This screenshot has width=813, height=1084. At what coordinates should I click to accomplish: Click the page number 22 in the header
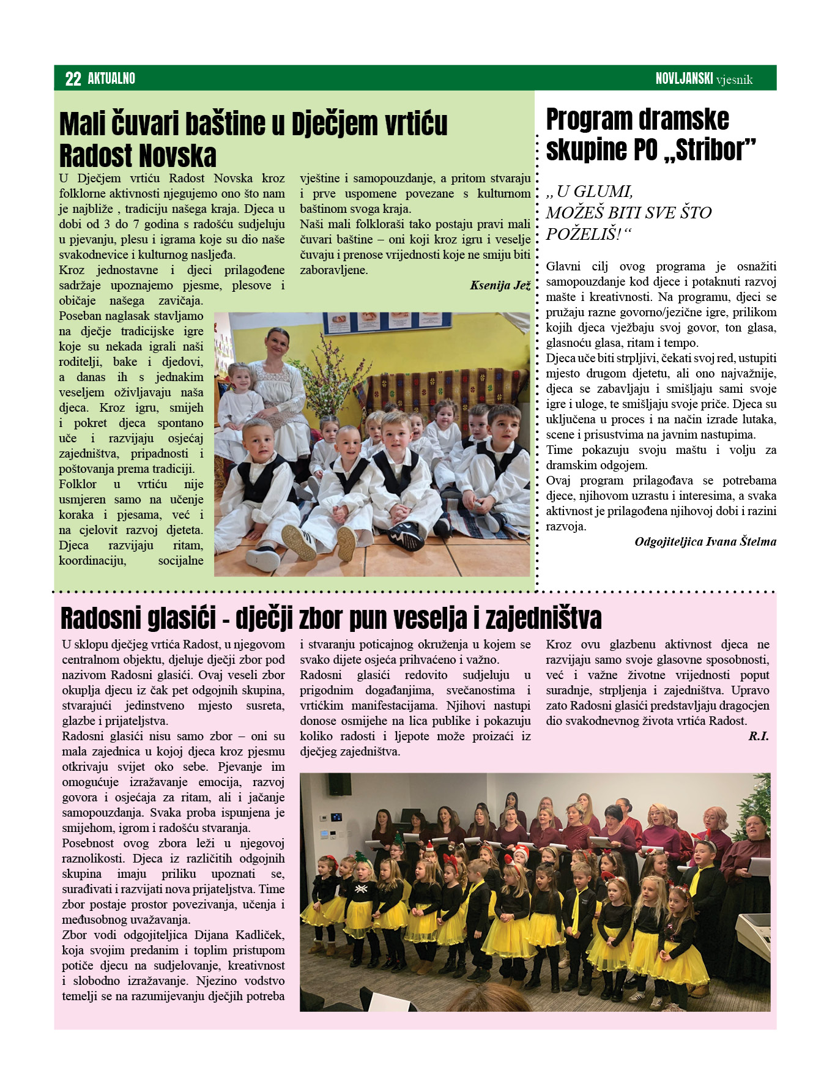tap(73, 78)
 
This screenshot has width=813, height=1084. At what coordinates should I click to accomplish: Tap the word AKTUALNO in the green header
tap(111, 78)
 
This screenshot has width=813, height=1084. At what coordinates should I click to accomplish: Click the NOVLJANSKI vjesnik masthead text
tap(703, 79)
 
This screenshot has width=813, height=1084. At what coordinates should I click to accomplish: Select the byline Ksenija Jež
tap(500, 285)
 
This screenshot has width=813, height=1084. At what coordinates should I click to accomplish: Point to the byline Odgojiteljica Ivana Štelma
tap(705, 541)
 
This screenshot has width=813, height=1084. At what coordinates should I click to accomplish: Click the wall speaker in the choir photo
tap(340, 784)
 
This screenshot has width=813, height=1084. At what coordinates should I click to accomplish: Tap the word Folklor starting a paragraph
tap(78, 484)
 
